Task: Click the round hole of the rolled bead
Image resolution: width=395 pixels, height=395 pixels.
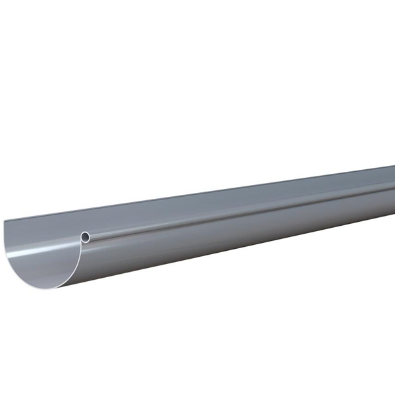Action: (x=86, y=236)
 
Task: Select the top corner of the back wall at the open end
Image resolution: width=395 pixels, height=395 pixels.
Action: (x=5, y=222)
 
